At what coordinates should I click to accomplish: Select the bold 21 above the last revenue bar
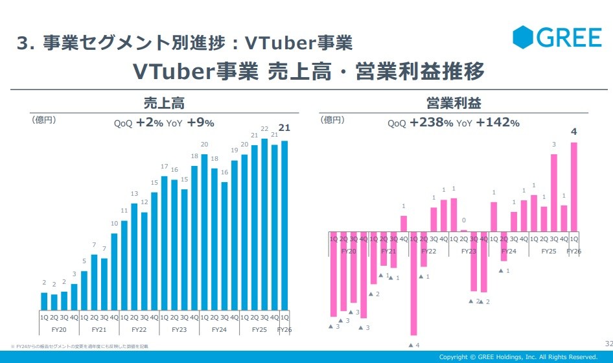click(x=284, y=128)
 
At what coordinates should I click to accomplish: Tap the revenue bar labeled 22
click(x=264, y=224)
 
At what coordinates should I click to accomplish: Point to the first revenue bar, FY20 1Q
click(x=44, y=301)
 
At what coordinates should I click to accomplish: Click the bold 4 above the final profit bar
click(x=573, y=132)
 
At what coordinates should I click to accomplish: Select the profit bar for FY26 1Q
click(x=573, y=187)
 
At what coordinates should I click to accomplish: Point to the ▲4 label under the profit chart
click(x=413, y=344)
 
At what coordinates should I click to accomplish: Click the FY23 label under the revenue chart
click(x=179, y=330)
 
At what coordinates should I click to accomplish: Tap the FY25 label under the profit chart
click(x=549, y=251)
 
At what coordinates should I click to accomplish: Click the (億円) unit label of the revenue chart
click(x=43, y=120)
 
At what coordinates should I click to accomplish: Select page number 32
click(x=608, y=342)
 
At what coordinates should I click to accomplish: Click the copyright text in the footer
click(x=518, y=357)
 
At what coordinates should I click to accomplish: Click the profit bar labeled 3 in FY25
click(x=554, y=193)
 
